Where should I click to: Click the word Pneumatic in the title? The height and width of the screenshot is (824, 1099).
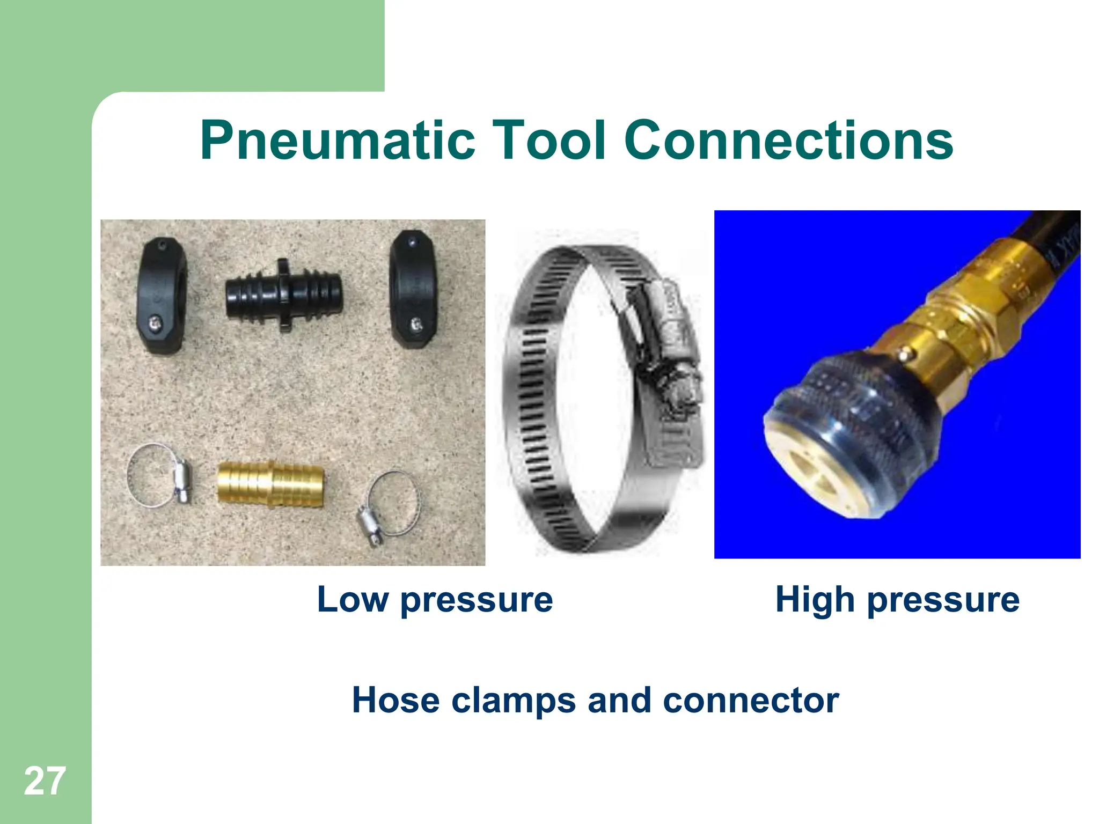pos(338,141)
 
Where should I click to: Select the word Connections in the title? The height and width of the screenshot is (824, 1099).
pos(788,141)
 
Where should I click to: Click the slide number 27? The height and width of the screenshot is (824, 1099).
pos(45,781)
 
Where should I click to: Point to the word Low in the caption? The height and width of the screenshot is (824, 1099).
pos(352,599)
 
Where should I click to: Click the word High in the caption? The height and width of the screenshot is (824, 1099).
pos(815,599)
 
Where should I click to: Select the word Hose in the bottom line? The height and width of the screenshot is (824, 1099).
pos(395,700)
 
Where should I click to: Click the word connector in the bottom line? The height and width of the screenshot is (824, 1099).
pos(751,700)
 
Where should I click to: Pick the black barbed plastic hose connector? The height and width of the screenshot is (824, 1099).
pos(283,295)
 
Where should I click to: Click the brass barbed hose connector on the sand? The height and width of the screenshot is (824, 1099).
pos(270,484)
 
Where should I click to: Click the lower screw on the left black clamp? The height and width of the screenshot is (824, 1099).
pos(153,322)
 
